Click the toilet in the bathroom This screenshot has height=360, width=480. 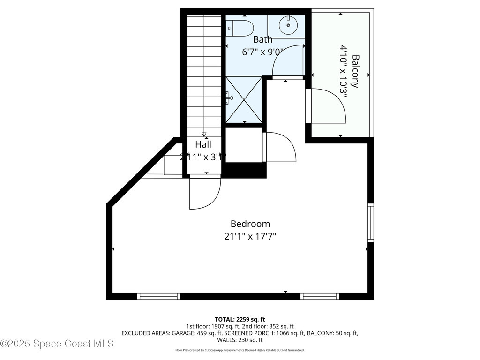point(240,28)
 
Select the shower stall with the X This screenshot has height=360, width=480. point(244,99)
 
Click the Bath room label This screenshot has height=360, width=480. point(262,39)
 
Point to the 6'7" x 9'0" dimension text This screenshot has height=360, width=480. point(262,52)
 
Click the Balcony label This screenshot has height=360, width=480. point(355,71)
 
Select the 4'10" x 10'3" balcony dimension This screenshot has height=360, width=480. point(344,71)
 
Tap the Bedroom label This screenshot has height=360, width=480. point(250,224)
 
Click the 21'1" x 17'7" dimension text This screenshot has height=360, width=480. point(250,236)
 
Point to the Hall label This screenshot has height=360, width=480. point(203,144)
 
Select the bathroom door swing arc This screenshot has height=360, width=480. point(287,61)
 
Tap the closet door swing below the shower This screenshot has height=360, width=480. point(280,147)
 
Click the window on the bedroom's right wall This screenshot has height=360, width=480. point(370,223)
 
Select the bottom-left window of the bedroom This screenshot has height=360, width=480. point(158,296)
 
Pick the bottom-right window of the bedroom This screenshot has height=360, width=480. point(319,296)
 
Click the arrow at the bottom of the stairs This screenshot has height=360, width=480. point(204,135)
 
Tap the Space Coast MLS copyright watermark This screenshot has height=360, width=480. point(57,344)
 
